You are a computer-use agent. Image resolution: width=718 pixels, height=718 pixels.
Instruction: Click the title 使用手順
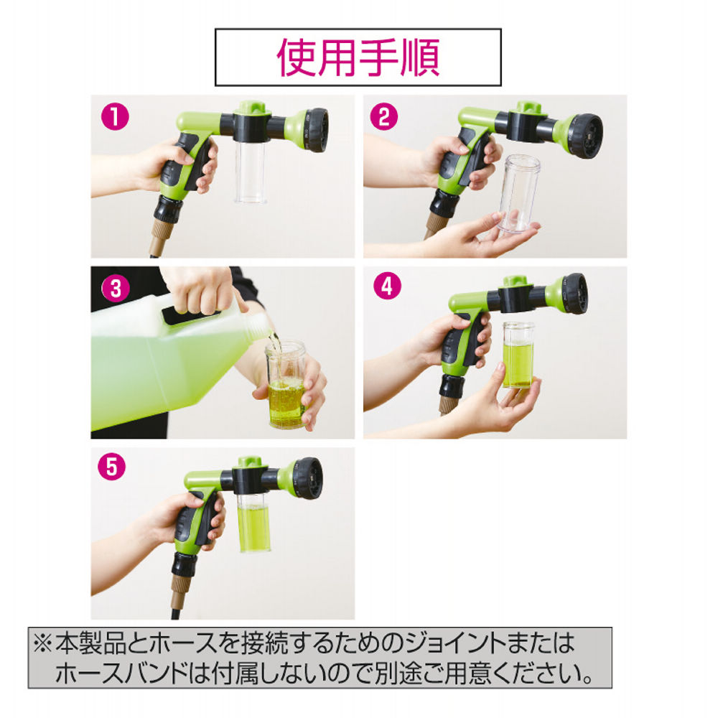358,57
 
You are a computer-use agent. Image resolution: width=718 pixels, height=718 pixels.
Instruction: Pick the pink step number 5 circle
114,467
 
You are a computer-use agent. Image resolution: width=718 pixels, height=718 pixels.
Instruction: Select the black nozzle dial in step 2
587,134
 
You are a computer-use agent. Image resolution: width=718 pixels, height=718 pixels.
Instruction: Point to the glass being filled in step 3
286,385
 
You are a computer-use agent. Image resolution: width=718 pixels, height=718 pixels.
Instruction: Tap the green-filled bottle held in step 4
518,355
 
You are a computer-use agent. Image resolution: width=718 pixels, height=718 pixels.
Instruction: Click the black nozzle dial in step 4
575,293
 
